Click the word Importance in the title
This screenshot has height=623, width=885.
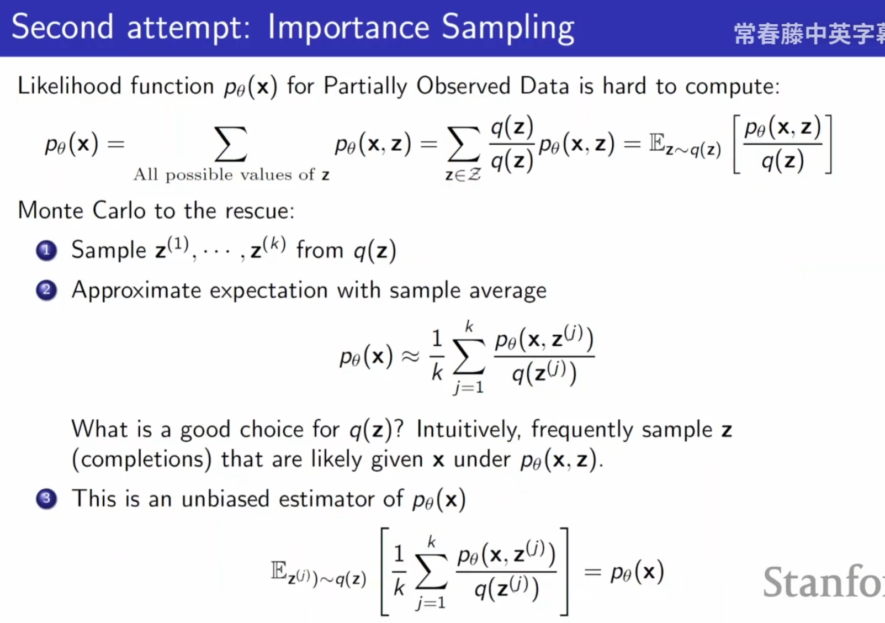click(x=348, y=28)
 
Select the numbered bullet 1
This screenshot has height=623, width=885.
click(x=46, y=251)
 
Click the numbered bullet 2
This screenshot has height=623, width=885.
click(x=46, y=291)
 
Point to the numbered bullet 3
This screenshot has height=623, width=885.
click(x=46, y=499)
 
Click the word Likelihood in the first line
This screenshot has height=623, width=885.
click(x=69, y=86)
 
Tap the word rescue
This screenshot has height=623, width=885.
click(x=259, y=211)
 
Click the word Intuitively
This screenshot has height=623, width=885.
click(x=469, y=430)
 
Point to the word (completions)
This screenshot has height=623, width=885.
click(x=141, y=460)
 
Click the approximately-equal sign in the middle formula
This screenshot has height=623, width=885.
click(x=410, y=357)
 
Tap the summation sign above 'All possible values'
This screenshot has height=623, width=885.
click(x=231, y=144)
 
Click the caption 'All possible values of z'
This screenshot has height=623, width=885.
click(x=231, y=175)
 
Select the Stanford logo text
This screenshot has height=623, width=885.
click(x=823, y=582)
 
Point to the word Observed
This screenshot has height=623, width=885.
click(x=463, y=86)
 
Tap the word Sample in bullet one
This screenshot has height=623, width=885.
click(x=109, y=251)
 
